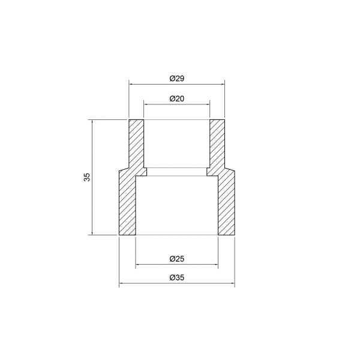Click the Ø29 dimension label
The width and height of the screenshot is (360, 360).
tap(177, 79)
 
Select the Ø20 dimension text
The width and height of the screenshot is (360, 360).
tap(177, 99)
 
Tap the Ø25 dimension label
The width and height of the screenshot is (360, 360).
tap(177, 259)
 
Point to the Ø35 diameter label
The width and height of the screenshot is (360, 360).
tap(177, 278)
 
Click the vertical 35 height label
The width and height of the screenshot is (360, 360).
tap(87, 177)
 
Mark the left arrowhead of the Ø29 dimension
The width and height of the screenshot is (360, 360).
tap(131, 84)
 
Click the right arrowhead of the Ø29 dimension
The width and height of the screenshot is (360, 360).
tap(223, 84)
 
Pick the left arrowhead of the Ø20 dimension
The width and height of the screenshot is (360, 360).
tap(146, 104)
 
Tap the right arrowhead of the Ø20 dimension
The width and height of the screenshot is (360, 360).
tap(208, 104)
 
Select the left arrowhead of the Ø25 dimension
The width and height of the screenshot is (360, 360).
tap(137, 265)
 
